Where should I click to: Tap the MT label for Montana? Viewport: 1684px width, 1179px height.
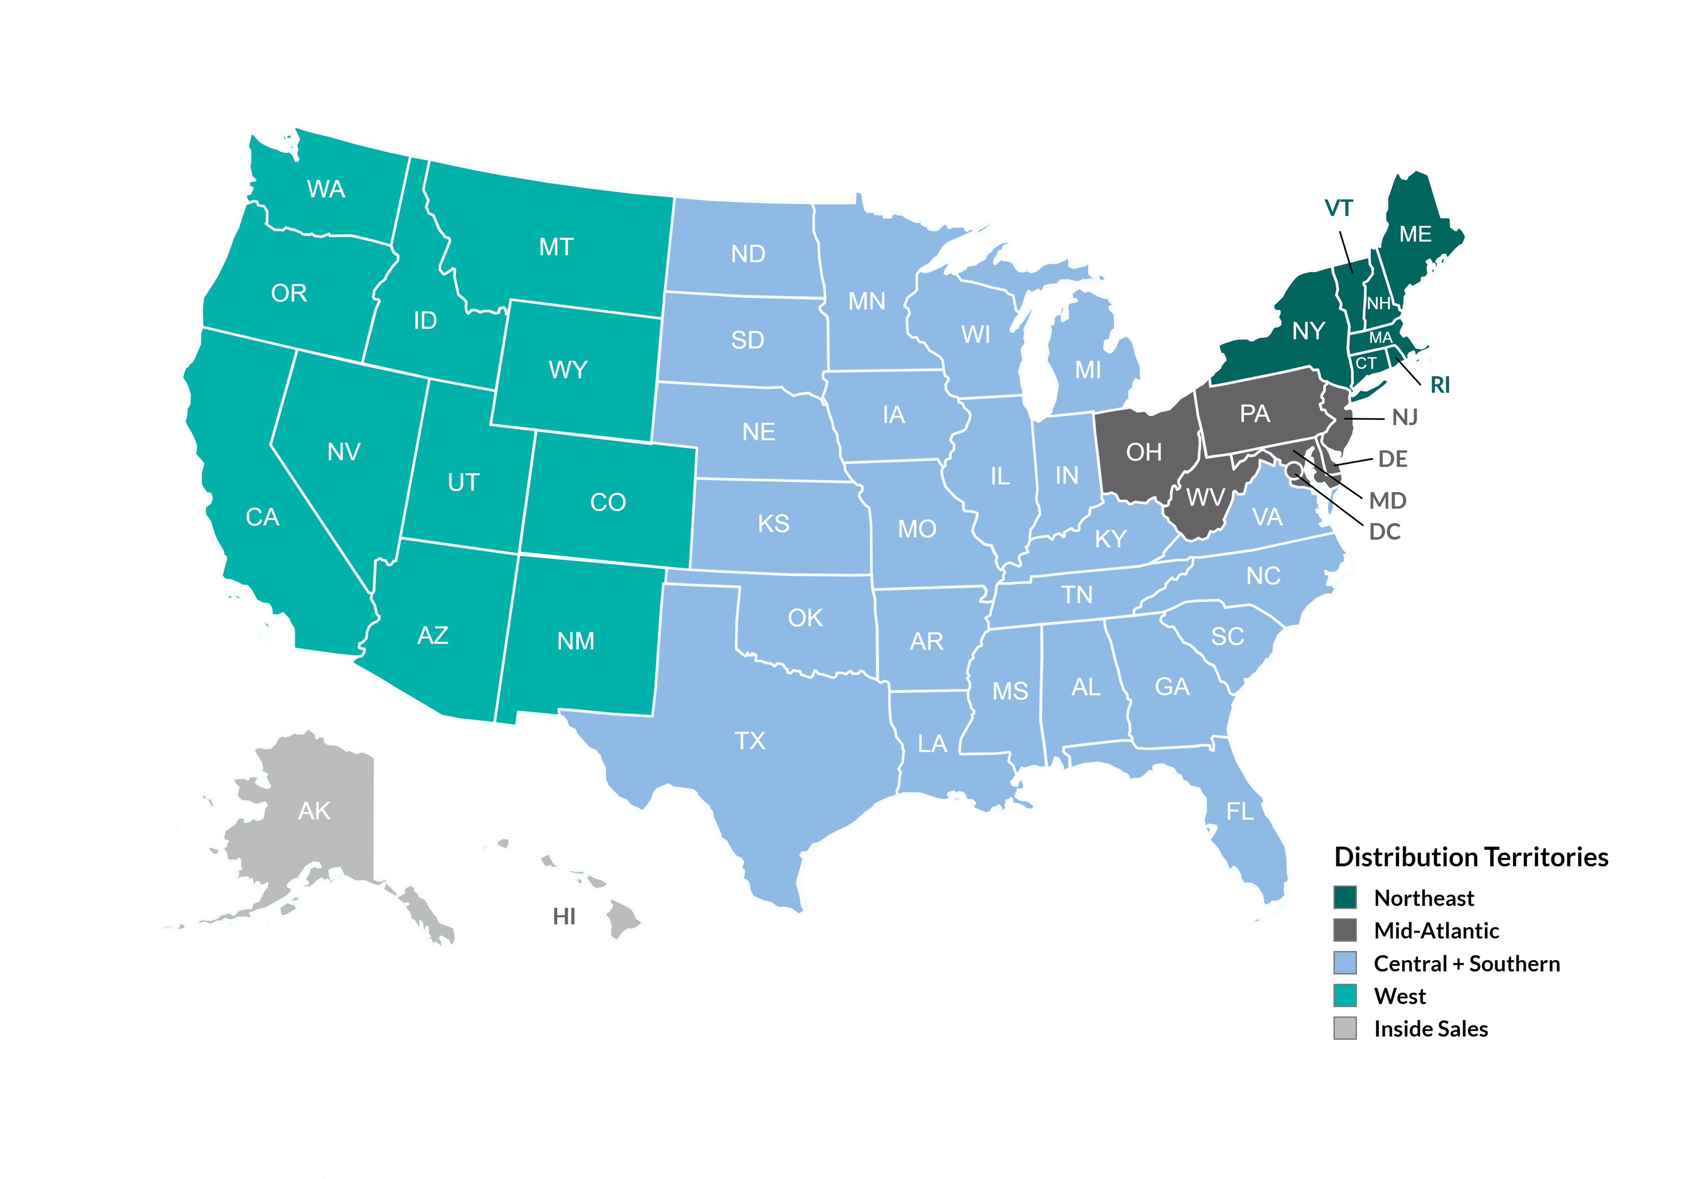pos(556,247)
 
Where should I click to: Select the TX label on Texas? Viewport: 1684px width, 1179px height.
pos(750,741)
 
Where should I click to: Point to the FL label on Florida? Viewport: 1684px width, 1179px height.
pos(1239,811)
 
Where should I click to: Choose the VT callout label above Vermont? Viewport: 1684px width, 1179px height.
pos(1338,209)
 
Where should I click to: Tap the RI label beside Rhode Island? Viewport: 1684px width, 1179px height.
pos(1440,385)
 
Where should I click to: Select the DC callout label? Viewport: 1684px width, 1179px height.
pos(1385,532)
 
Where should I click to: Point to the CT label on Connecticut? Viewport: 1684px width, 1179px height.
pos(1366,363)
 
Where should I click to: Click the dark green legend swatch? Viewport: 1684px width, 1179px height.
pos(1345,897)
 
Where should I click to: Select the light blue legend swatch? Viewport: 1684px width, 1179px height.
pos(1345,962)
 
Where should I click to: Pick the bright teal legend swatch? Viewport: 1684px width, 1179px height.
pos(1345,996)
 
